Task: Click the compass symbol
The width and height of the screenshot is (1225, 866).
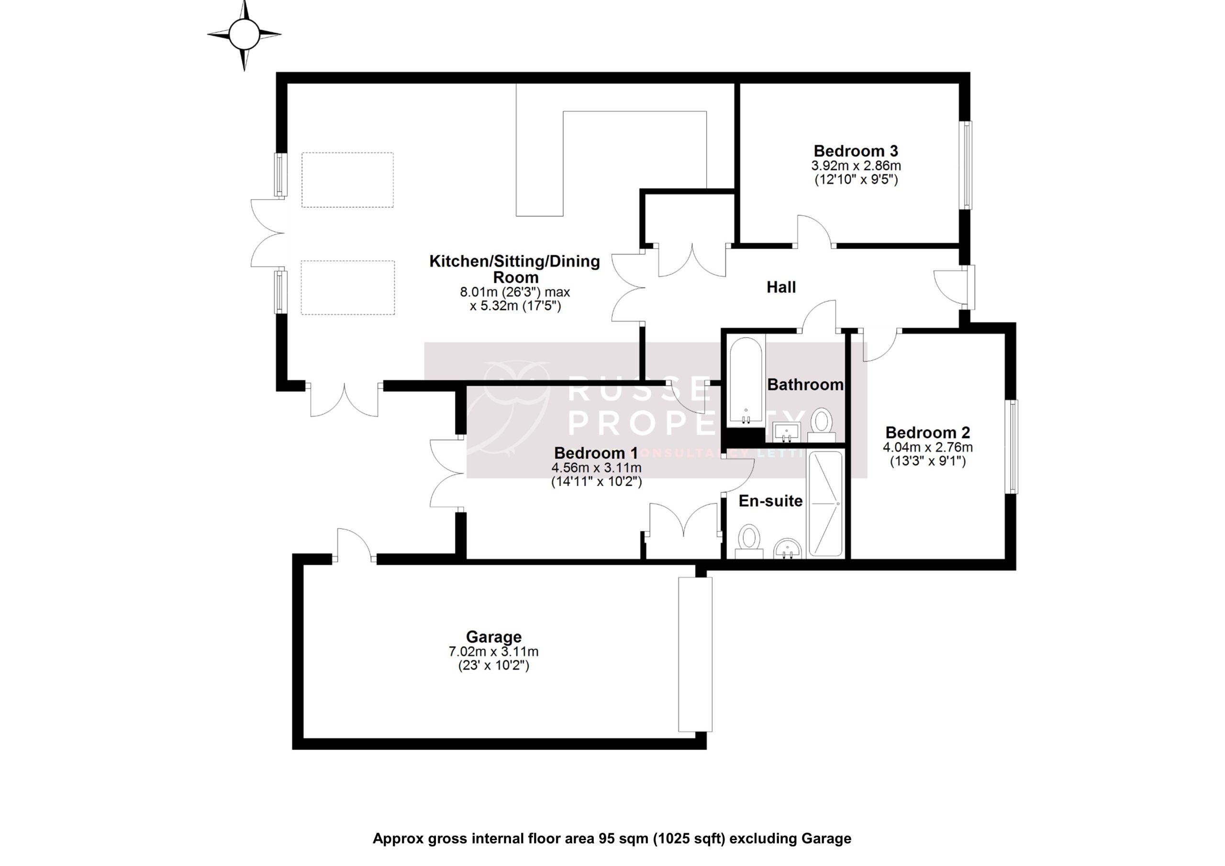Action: tap(245, 34)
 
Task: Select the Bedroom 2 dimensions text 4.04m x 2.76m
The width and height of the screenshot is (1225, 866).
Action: tap(927, 447)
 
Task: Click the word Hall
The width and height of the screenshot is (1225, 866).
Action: tap(781, 288)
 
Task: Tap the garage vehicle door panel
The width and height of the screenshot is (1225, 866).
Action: tap(695, 654)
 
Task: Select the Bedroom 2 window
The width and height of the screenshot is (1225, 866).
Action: tap(1012, 446)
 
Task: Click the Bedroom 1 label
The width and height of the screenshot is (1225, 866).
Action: tap(595, 453)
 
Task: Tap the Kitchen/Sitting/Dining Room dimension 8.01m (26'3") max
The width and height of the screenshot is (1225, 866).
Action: tap(515, 292)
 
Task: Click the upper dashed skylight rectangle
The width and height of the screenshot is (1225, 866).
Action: tap(347, 180)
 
